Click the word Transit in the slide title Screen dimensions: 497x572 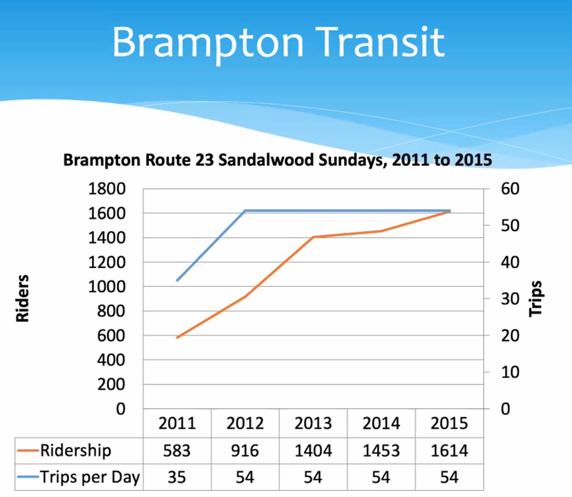pos(381,42)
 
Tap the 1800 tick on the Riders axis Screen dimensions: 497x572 pos(107,189)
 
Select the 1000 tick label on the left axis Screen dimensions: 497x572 pos(107,286)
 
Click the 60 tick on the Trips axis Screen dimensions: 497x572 pos(510,189)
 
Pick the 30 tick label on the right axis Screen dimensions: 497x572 pos(510,299)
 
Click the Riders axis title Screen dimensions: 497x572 pos(22,298)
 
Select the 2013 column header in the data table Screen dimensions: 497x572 pos(313,423)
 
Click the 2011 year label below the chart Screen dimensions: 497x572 pos(177,423)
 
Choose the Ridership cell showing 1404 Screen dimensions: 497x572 pos(313,450)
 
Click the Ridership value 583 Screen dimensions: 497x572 pos(177,450)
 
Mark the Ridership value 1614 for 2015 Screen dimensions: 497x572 pos(449,450)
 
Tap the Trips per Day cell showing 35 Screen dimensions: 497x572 pos(177,477)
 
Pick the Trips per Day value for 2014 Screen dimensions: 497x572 pos(381,477)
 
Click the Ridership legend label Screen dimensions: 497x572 pos(75,450)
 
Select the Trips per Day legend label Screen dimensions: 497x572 pos(90,477)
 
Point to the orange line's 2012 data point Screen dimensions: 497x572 pos(245,296)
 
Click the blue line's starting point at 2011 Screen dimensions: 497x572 pos(177,280)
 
